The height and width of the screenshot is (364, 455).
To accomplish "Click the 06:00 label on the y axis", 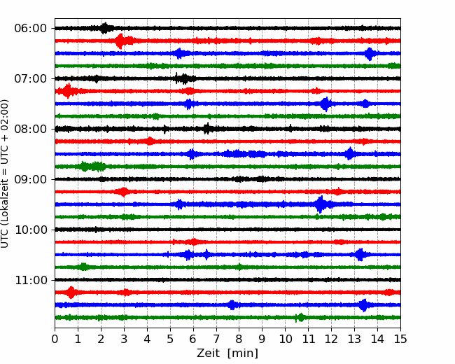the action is (30, 29).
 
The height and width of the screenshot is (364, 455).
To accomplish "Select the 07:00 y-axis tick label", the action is (30, 78).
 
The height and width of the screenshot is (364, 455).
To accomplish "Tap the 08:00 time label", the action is (30, 129).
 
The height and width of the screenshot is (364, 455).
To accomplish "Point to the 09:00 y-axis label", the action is (30, 179).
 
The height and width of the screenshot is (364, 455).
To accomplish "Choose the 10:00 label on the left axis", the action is (30, 230).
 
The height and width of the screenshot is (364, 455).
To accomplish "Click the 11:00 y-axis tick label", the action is (30, 280).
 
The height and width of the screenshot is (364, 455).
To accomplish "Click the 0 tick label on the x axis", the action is (55, 339).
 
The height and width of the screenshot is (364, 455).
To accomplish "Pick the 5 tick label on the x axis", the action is (170, 339).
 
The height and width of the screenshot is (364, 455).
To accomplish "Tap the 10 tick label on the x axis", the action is (285, 339).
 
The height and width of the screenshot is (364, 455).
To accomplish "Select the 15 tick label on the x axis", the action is (400, 339).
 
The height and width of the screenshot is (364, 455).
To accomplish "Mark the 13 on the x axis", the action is (354, 339).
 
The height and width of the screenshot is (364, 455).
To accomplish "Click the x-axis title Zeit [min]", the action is (227, 353).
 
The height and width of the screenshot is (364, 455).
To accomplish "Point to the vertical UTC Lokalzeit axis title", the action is (5, 174).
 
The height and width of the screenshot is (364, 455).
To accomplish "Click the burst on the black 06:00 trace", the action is (105, 28).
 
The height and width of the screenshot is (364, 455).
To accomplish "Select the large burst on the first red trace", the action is (120, 41).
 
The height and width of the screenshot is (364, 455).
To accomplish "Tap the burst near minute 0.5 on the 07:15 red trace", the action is (68, 91).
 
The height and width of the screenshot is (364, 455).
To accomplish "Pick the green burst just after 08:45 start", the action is (92, 167).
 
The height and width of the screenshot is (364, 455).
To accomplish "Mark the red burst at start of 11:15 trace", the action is (71, 293).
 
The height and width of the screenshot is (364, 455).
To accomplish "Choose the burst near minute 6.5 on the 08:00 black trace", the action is (206, 129).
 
